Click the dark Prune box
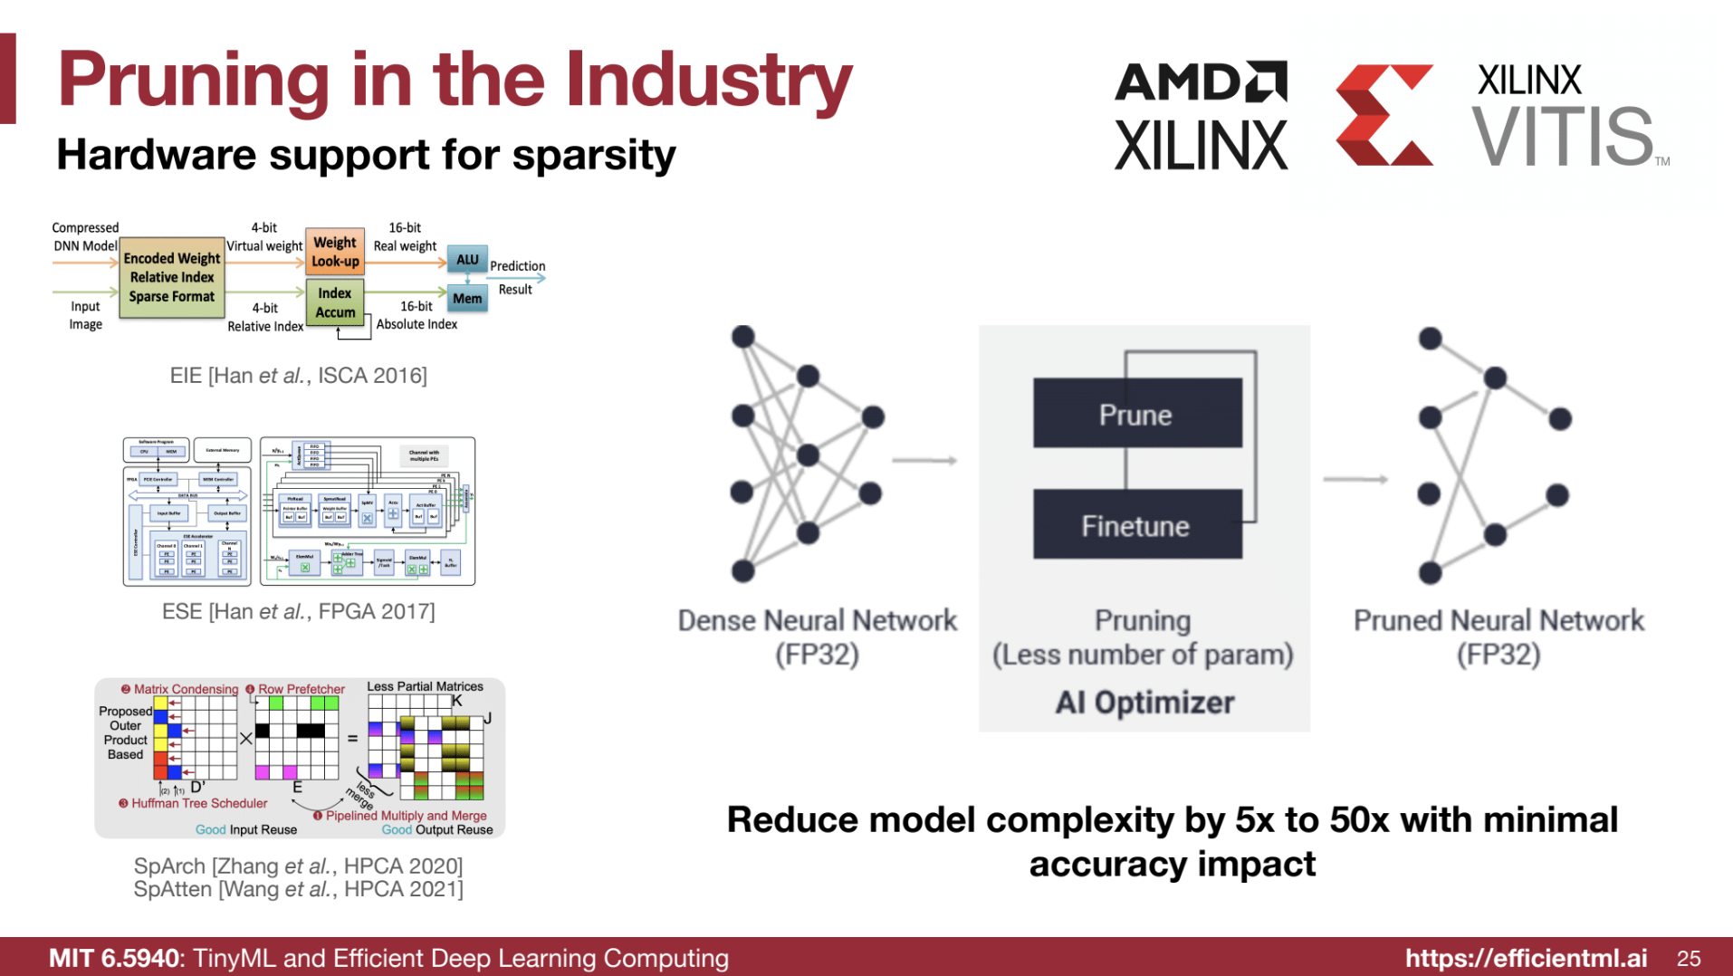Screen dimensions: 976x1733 click(x=1136, y=414)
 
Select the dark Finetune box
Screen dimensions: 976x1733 click(x=1136, y=525)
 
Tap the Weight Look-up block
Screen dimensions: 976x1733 click(x=335, y=252)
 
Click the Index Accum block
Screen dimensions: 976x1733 click(x=335, y=302)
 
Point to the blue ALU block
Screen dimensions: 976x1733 click(x=467, y=259)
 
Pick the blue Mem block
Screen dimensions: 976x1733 click(x=467, y=298)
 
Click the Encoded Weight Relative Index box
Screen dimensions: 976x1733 click(x=172, y=277)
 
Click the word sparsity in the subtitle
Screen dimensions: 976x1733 click(x=594, y=155)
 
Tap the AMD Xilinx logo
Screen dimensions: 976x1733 click(x=1201, y=115)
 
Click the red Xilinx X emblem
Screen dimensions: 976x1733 click(x=1384, y=115)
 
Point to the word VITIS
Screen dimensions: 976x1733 click(x=1563, y=137)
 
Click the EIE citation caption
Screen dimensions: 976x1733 click(x=298, y=376)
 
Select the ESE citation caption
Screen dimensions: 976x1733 click(x=298, y=612)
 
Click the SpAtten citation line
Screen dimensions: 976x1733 click(x=298, y=890)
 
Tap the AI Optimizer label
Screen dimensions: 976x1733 click(x=1144, y=703)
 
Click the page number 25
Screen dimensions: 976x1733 click(x=1688, y=958)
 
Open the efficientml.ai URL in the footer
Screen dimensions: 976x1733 click(x=1526, y=958)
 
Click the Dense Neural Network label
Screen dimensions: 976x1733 click(x=817, y=621)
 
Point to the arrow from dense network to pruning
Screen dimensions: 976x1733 click(x=924, y=461)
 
